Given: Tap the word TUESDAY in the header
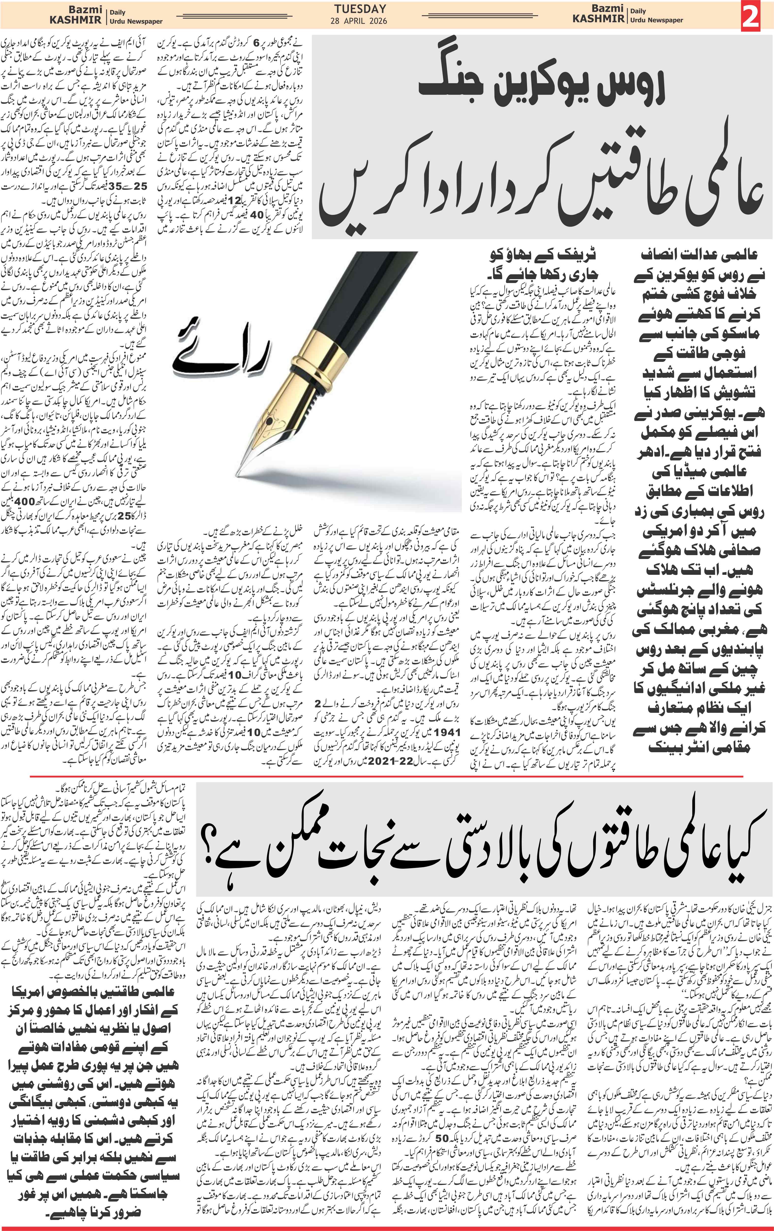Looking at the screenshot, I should click(x=360, y=9).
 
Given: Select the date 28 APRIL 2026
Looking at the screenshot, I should click(x=360, y=21).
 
